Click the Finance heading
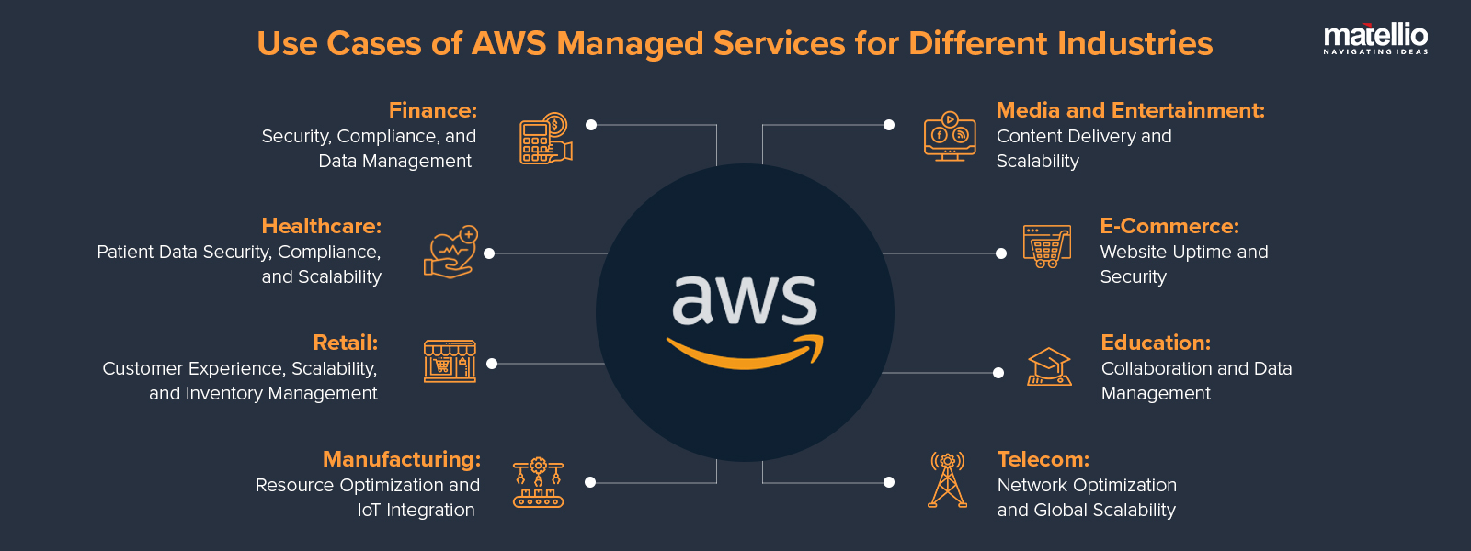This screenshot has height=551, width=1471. pyautogui.click(x=432, y=110)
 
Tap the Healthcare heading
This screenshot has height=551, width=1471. pyautogui.click(x=321, y=226)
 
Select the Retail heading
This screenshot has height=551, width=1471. pyautogui.click(x=345, y=343)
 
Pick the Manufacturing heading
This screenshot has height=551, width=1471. pyautogui.click(x=401, y=459)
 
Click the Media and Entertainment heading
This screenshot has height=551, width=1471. pyautogui.click(x=1130, y=110)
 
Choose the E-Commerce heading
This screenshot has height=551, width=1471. pyautogui.click(x=1169, y=226)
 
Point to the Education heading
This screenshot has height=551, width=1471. pyautogui.click(x=1156, y=343)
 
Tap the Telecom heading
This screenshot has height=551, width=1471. pyautogui.click(x=1043, y=459)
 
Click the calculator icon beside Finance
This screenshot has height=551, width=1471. pyautogui.click(x=545, y=139)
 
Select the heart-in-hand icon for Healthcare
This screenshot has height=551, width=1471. pyautogui.click(x=450, y=252)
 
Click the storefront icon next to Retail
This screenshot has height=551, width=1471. pyautogui.click(x=450, y=361)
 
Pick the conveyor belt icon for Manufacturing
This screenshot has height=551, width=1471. pyautogui.click(x=538, y=483)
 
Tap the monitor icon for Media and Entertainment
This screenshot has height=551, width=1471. pyautogui.click(x=950, y=138)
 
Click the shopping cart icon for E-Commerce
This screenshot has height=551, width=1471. pyautogui.click(x=1047, y=246)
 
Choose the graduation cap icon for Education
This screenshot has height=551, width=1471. pyautogui.click(x=1049, y=366)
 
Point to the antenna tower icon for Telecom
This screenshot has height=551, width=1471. pyautogui.click(x=947, y=480)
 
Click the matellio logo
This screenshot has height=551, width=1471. pyautogui.click(x=1375, y=39)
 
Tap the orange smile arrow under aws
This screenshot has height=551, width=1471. pyautogui.click(x=746, y=354)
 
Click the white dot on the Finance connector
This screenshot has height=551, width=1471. pyautogui.click(x=591, y=125)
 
